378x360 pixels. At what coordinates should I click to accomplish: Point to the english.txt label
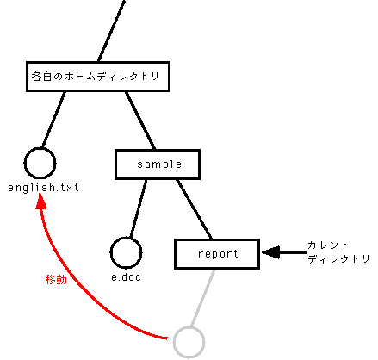(43, 188)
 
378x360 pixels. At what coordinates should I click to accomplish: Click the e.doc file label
(127, 277)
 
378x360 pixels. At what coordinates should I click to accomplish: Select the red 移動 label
(56, 279)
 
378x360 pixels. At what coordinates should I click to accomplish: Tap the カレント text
(328, 245)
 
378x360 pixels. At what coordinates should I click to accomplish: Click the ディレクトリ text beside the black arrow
(338, 258)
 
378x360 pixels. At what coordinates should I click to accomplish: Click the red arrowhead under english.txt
(40, 202)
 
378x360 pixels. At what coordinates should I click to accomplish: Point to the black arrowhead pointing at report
(271, 252)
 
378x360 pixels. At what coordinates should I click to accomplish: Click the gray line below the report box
(202, 298)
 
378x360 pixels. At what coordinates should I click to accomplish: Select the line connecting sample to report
(194, 209)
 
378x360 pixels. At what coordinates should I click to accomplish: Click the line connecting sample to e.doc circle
(139, 209)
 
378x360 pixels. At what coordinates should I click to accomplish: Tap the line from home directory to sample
(140, 121)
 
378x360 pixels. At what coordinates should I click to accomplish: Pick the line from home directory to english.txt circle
(53, 120)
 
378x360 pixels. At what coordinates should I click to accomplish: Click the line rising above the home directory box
(111, 31)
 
